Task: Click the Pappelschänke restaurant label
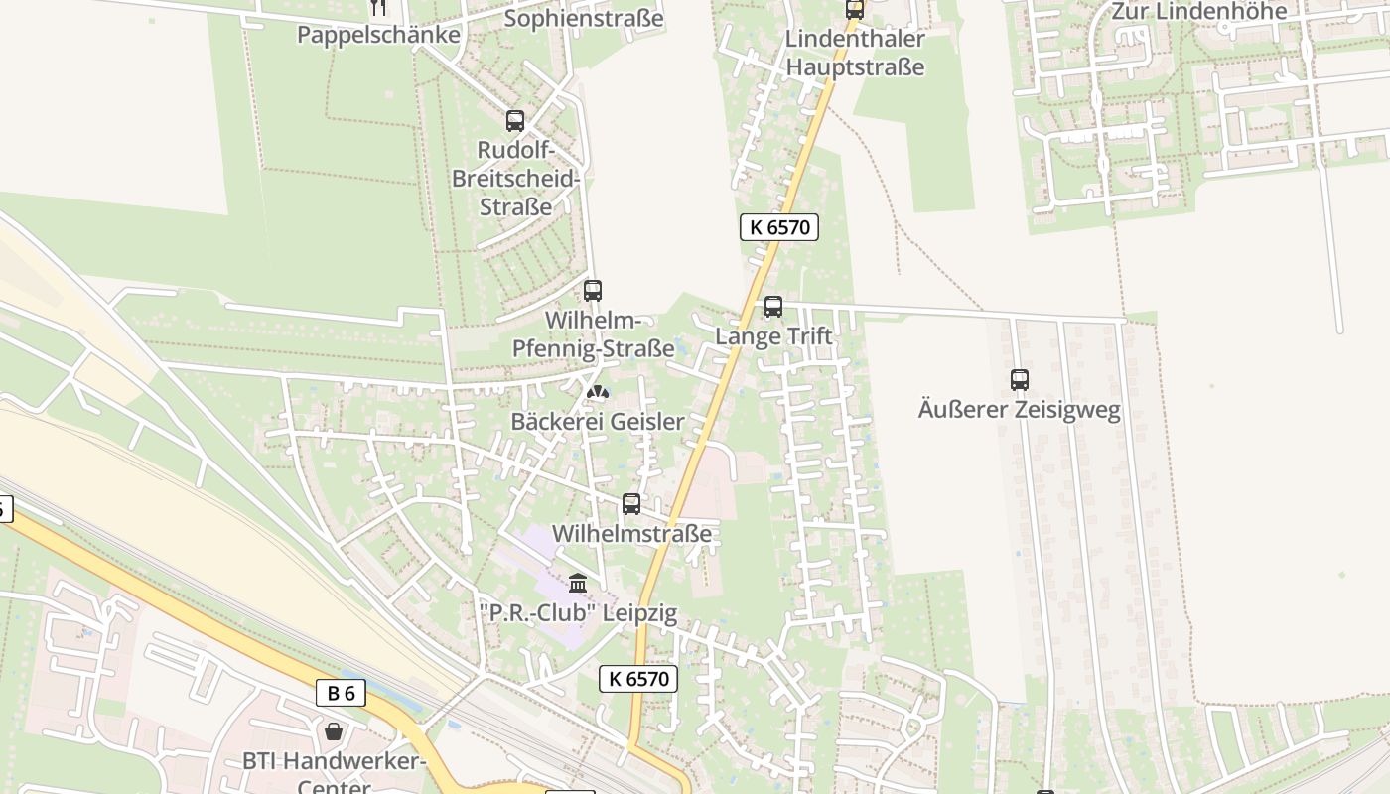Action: (378, 35)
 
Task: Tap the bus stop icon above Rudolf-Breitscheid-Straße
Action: (514, 121)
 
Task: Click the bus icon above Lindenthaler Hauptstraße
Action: (854, 9)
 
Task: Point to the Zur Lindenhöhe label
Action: (1199, 11)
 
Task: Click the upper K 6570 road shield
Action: (778, 227)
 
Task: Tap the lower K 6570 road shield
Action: (638, 679)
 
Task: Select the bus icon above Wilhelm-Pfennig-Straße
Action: (593, 291)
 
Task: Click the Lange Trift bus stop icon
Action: (772, 307)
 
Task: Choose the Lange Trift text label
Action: (773, 337)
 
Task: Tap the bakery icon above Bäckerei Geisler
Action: (597, 392)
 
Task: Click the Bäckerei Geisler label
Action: (597, 422)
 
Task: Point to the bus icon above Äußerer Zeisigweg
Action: (1019, 379)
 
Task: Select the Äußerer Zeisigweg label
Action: (1019, 410)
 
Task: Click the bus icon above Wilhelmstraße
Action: (631, 504)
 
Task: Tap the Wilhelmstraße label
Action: (631, 534)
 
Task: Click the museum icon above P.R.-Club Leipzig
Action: (578, 584)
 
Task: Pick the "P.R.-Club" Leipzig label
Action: (583, 613)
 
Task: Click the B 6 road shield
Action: (341, 693)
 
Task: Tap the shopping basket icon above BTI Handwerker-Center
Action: (334, 731)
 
